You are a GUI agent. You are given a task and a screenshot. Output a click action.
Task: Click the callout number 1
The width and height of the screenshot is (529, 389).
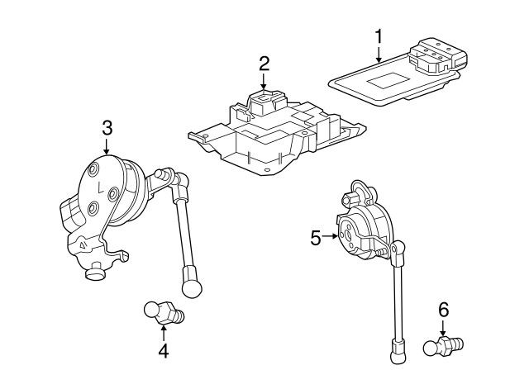(x=379, y=36)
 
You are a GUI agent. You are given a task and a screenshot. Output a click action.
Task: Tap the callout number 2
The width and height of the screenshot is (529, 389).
(x=264, y=63)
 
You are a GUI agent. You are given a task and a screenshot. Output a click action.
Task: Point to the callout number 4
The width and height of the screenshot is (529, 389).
(x=164, y=350)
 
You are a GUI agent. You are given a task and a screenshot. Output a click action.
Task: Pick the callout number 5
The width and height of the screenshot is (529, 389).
(x=315, y=238)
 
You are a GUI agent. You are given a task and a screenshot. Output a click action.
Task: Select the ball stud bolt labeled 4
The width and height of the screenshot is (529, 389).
(x=161, y=312)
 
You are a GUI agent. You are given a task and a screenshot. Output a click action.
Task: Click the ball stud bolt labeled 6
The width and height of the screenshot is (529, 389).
(x=445, y=344)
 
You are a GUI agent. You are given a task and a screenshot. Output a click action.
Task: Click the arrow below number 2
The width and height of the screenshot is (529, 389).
(x=264, y=82)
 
